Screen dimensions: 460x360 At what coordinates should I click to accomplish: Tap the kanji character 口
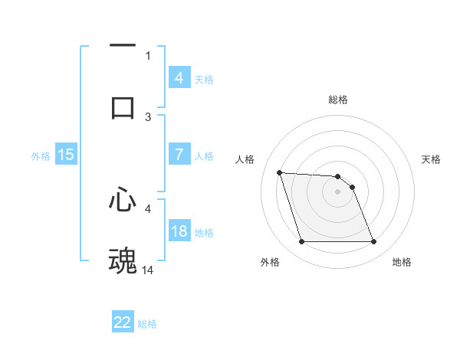123,106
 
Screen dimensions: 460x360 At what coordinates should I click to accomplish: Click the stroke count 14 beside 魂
149,270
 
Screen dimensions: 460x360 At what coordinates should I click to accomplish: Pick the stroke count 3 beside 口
149,116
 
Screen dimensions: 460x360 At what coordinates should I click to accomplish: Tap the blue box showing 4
179,78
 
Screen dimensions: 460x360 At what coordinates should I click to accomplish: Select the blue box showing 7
179,155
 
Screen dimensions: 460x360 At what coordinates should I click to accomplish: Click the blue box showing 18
179,231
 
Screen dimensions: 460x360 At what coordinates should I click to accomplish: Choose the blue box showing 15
66,155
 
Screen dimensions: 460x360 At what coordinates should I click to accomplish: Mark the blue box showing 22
123,322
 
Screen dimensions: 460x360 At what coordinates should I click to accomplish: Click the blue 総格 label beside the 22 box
147,324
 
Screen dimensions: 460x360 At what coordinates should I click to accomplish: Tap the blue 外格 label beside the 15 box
41,155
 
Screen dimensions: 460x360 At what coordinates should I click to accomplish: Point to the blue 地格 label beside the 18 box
204,232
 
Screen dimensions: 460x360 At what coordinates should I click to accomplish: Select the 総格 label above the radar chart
338,100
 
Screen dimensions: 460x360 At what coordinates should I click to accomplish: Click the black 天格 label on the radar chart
432,159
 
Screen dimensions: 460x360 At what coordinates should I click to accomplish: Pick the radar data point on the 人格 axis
279,172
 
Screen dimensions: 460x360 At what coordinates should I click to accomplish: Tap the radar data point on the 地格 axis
373,242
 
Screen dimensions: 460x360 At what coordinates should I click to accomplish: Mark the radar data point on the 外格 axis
301,242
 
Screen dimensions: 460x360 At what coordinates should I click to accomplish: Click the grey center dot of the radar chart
337,191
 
